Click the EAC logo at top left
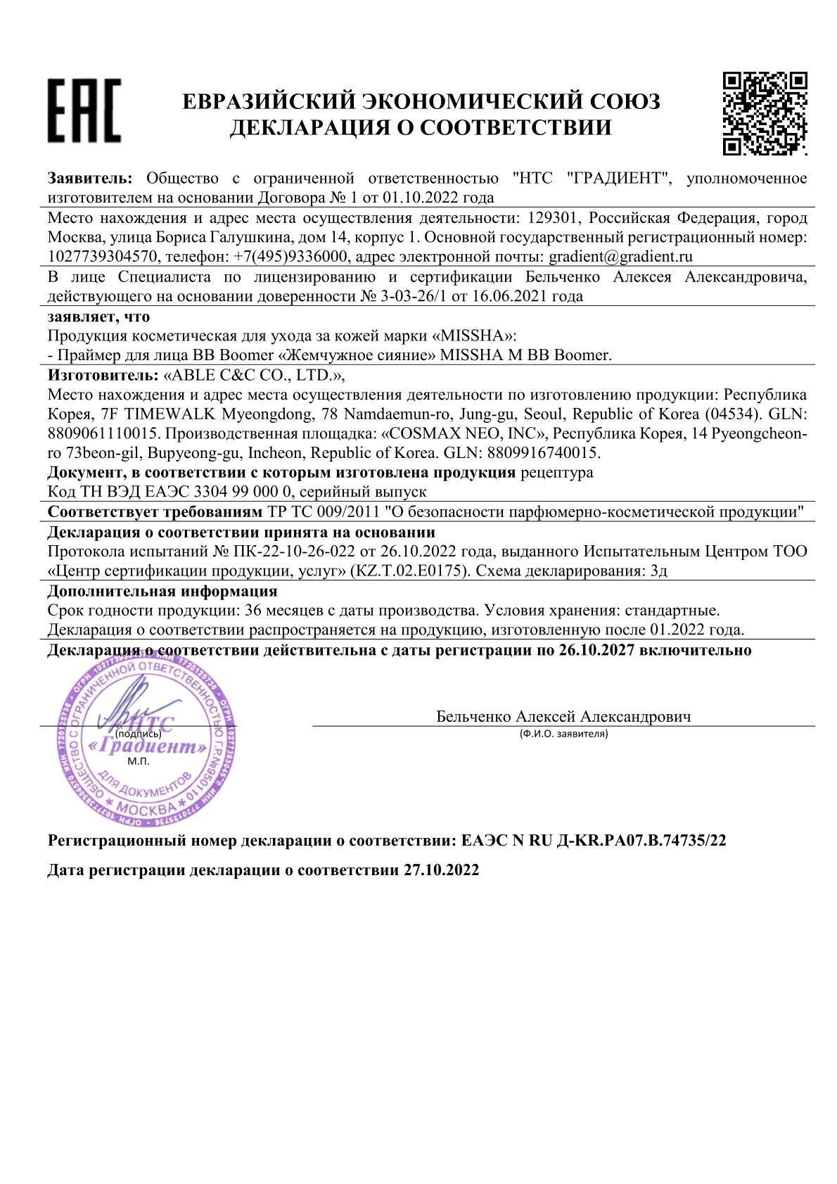[84, 110]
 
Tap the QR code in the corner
[765, 113]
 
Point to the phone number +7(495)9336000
[289, 257]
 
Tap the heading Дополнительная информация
[162, 591]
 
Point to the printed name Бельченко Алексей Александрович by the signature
[563, 717]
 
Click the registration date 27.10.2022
[441, 870]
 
